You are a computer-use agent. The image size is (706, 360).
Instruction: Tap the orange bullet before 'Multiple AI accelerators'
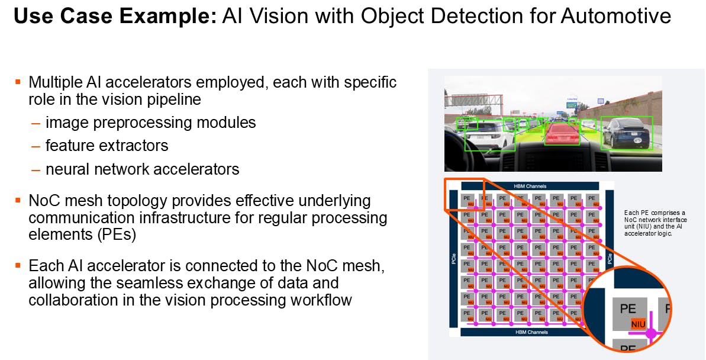tap(18, 81)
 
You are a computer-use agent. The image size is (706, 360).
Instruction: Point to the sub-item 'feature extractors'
tap(107, 146)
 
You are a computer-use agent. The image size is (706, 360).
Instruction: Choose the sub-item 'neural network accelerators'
tap(142, 169)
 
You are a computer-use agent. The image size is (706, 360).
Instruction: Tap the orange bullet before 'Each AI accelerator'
tap(18, 265)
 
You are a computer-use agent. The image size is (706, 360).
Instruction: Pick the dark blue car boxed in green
tap(626, 133)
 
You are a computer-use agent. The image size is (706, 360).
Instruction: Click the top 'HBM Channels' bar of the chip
tap(530, 186)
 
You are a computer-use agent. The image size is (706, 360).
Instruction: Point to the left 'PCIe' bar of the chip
tap(454, 259)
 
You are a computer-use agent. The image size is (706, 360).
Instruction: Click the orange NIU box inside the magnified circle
tap(638, 324)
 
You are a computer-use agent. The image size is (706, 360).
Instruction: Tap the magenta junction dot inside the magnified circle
tap(651, 333)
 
